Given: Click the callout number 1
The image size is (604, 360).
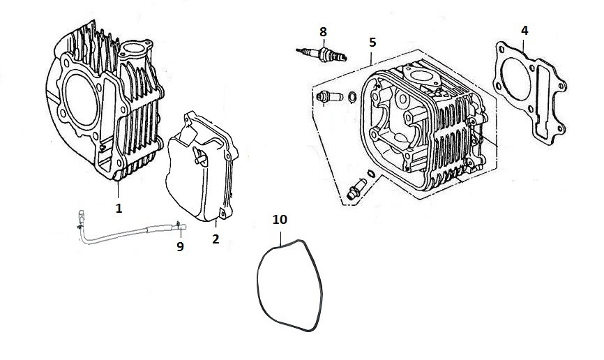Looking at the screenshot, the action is click(x=119, y=208).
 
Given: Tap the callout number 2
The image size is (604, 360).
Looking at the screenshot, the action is click(x=216, y=239).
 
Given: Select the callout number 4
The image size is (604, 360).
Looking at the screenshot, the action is click(x=524, y=31).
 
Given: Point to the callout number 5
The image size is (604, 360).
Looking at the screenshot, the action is click(x=372, y=43).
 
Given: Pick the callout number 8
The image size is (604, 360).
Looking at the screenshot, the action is click(x=323, y=31).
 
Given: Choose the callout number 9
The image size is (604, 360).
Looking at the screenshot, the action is click(x=180, y=247).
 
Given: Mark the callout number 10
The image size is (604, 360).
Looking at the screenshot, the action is click(x=280, y=220).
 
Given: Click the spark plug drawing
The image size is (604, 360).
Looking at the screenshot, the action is click(x=322, y=54).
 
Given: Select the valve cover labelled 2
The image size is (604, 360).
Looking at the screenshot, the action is click(x=202, y=167).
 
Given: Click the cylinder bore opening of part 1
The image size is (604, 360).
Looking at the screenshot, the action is click(x=81, y=100).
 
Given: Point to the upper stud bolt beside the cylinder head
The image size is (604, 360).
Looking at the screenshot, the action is click(x=329, y=96).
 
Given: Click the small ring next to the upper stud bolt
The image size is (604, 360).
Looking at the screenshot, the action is click(x=352, y=97).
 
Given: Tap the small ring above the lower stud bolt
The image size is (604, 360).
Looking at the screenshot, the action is click(x=371, y=174).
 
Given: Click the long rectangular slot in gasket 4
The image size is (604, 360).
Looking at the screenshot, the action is click(x=543, y=101).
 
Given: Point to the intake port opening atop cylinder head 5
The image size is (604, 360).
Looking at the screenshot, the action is click(x=421, y=75).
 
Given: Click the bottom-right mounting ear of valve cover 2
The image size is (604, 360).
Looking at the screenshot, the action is click(x=223, y=213).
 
